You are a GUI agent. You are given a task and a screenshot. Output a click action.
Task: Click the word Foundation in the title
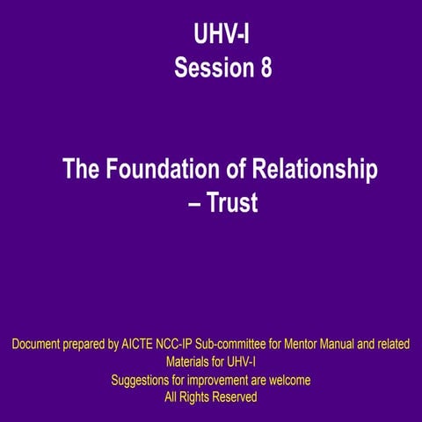click(172, 169)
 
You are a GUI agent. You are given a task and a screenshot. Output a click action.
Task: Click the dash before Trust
click(190, 203)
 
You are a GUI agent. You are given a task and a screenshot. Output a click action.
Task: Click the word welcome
click(287, 380)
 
